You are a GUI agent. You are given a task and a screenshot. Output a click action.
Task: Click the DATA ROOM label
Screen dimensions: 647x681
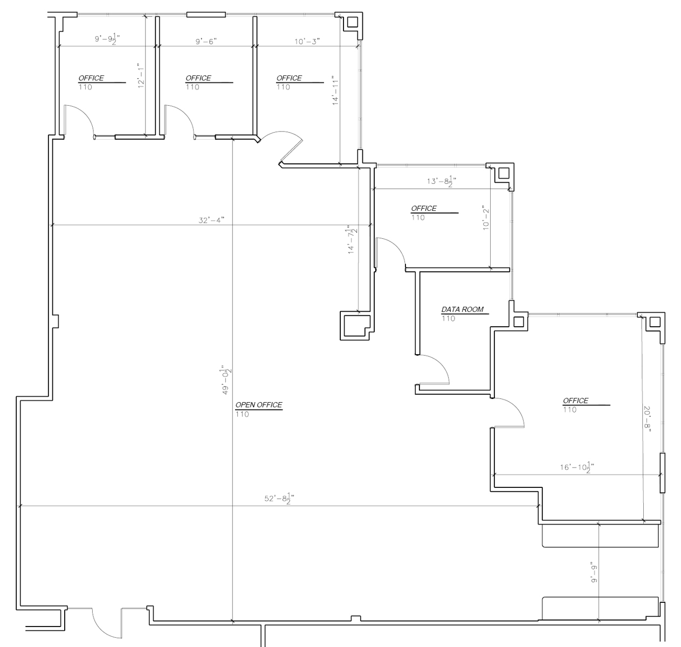pyautogui.click(x=462, y=309)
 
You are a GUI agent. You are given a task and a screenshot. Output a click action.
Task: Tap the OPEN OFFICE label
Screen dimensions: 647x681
pyautogui.click(x=258, y=405)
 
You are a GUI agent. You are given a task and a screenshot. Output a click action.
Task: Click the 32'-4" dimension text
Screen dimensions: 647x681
pyautogui.click(x=211, y=219)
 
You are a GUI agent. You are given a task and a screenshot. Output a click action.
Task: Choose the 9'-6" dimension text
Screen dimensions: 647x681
pyautogui.click(x=206, y=41)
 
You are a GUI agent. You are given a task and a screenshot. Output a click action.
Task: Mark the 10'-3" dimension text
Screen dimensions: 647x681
pyautogui.click(x=307, y=41)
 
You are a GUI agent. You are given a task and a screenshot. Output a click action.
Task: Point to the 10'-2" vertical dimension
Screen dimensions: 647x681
pyautogui.click(x=485, y=218)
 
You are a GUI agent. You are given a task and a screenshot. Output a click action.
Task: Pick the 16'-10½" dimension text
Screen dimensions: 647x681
pyautogui.click(x=577, y=467)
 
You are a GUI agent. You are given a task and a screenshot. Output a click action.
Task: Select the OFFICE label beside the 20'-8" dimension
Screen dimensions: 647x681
pyautogui.click(x=575, y=401)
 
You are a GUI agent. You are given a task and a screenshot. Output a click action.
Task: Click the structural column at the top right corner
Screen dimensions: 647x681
pyautogui.click(x=352, y=22)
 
